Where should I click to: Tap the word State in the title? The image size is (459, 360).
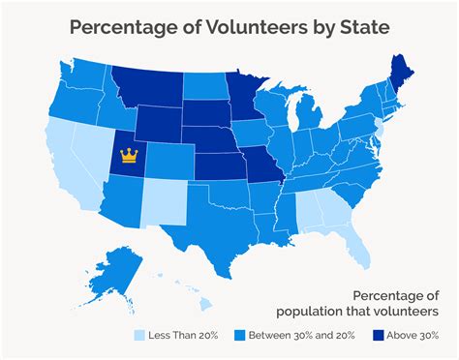click(x=365, y=27)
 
